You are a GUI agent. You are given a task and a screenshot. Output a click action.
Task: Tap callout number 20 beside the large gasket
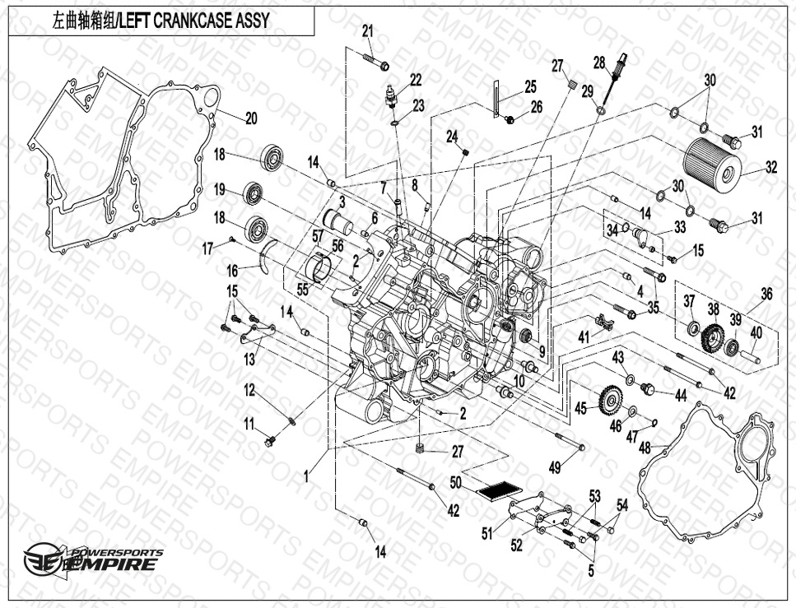click(251, 118)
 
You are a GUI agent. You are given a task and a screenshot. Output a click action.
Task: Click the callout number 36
click(766, 294)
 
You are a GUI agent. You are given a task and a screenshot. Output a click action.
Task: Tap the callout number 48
click(645, 447)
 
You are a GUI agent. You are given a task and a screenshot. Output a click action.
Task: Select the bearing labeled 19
click(255, 195)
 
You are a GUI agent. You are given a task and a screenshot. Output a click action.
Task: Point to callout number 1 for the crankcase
click(306, 476)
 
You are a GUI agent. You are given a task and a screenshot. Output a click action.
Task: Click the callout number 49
click(555, 467)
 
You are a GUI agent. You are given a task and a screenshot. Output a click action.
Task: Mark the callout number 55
click(302, 290)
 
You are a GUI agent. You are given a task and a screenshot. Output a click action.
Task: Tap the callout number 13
click(250, 359)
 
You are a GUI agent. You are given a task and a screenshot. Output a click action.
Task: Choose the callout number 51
click(486, 533)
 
